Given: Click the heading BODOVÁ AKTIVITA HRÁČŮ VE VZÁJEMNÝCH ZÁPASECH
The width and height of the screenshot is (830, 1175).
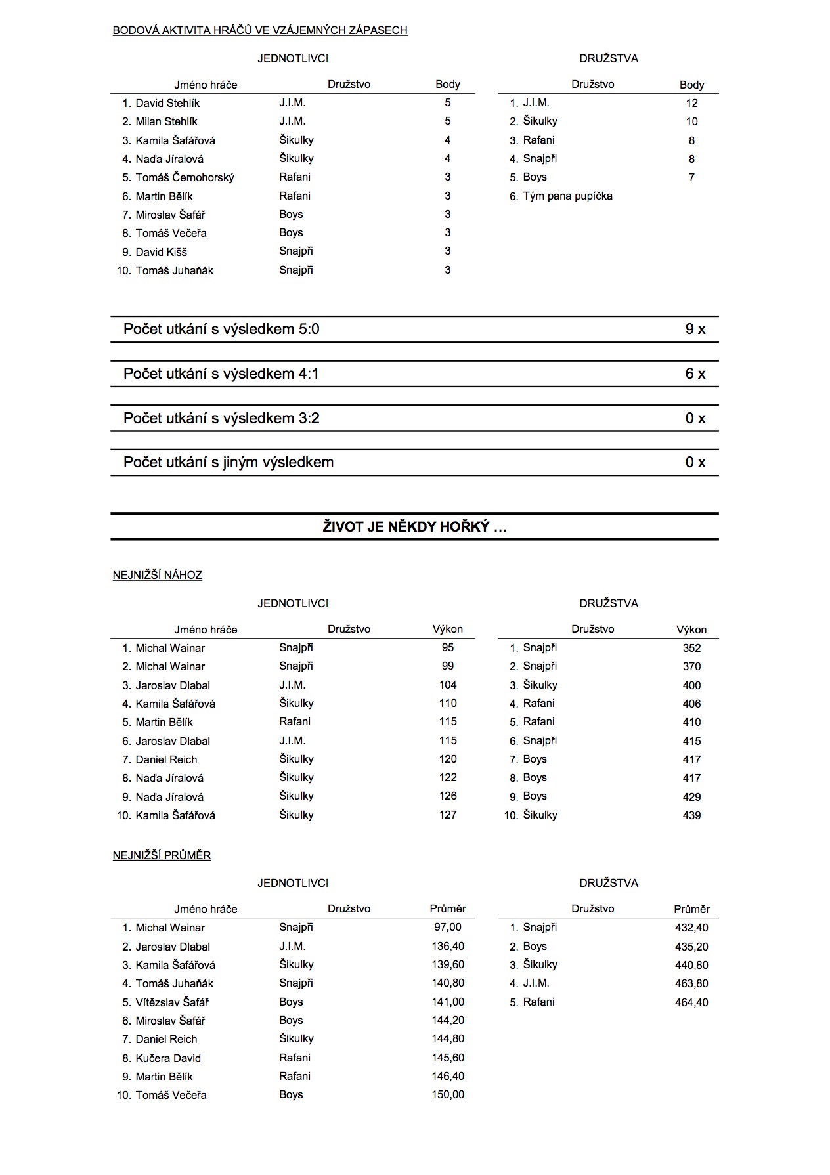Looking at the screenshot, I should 260,30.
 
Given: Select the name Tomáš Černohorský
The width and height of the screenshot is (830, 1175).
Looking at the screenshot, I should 185,177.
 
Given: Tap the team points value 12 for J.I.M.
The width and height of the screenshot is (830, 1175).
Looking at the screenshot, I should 691,103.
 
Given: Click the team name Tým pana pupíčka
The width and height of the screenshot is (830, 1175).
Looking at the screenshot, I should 567,196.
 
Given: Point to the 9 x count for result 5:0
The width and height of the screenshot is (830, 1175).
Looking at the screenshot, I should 695,330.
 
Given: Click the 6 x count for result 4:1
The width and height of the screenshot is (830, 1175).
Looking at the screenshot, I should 695,374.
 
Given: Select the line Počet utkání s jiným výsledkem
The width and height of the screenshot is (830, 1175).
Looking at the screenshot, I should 229,463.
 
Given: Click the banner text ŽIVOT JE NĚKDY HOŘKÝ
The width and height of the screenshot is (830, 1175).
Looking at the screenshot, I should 414,527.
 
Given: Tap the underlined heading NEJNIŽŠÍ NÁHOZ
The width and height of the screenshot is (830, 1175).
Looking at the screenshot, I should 158,576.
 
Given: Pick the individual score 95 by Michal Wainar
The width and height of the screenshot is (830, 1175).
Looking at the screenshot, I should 448,648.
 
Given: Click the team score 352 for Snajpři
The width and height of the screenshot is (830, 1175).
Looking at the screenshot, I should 691,649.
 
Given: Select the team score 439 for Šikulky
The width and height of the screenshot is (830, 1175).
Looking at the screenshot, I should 691,815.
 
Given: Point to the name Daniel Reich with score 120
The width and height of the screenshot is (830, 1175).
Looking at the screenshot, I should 166,759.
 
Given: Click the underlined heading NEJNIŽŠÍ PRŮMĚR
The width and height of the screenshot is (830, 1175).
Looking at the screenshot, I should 162,856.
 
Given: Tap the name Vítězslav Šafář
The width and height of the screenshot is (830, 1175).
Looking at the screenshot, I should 172,1002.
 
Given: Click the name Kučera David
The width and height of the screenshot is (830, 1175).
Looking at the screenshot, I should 168,1058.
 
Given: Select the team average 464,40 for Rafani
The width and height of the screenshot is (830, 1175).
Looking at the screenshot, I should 691,1002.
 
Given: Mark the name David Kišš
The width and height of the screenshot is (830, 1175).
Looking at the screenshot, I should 161,252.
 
